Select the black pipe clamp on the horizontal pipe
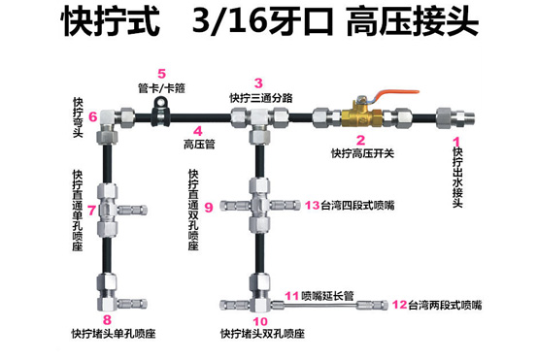tap(160, 112)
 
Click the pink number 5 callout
tap(161, 74)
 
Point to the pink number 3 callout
tap(258, 83)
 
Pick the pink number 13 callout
tap(313, 205)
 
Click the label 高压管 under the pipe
tap(199, 145)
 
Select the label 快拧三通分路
tap(261, 98)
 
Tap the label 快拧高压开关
tap(362, 153)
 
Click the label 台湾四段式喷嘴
tap(357, 206)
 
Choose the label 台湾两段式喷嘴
tap(445, 305)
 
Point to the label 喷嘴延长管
tap(327, 296)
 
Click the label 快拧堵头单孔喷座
tap(114, 334)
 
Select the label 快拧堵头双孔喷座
tap(263, 334)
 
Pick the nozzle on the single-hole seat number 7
tap(132, 210)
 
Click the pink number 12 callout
tap(400, 305)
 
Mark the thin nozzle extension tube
tap(315, 305)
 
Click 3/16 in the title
tap(230, 21)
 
